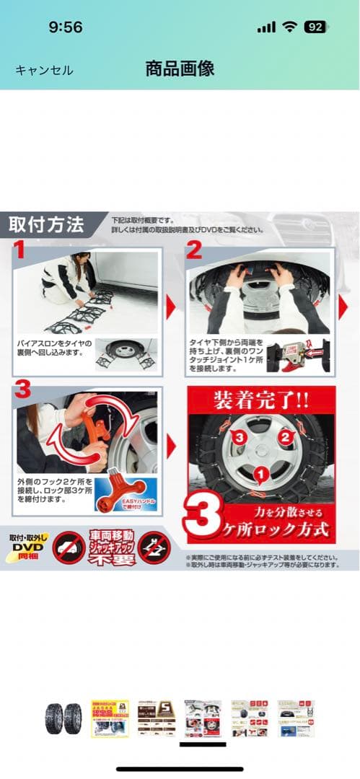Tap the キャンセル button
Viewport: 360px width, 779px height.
coord(44,70)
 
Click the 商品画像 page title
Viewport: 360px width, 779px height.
coord(180,69)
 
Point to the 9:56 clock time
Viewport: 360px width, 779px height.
coord(66,27)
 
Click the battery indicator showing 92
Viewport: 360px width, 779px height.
coord(315,27)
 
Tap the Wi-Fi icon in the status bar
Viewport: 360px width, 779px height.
coord(290,27)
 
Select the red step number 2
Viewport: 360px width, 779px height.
coord(194,250)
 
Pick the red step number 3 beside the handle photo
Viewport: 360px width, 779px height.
coord(22,390)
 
